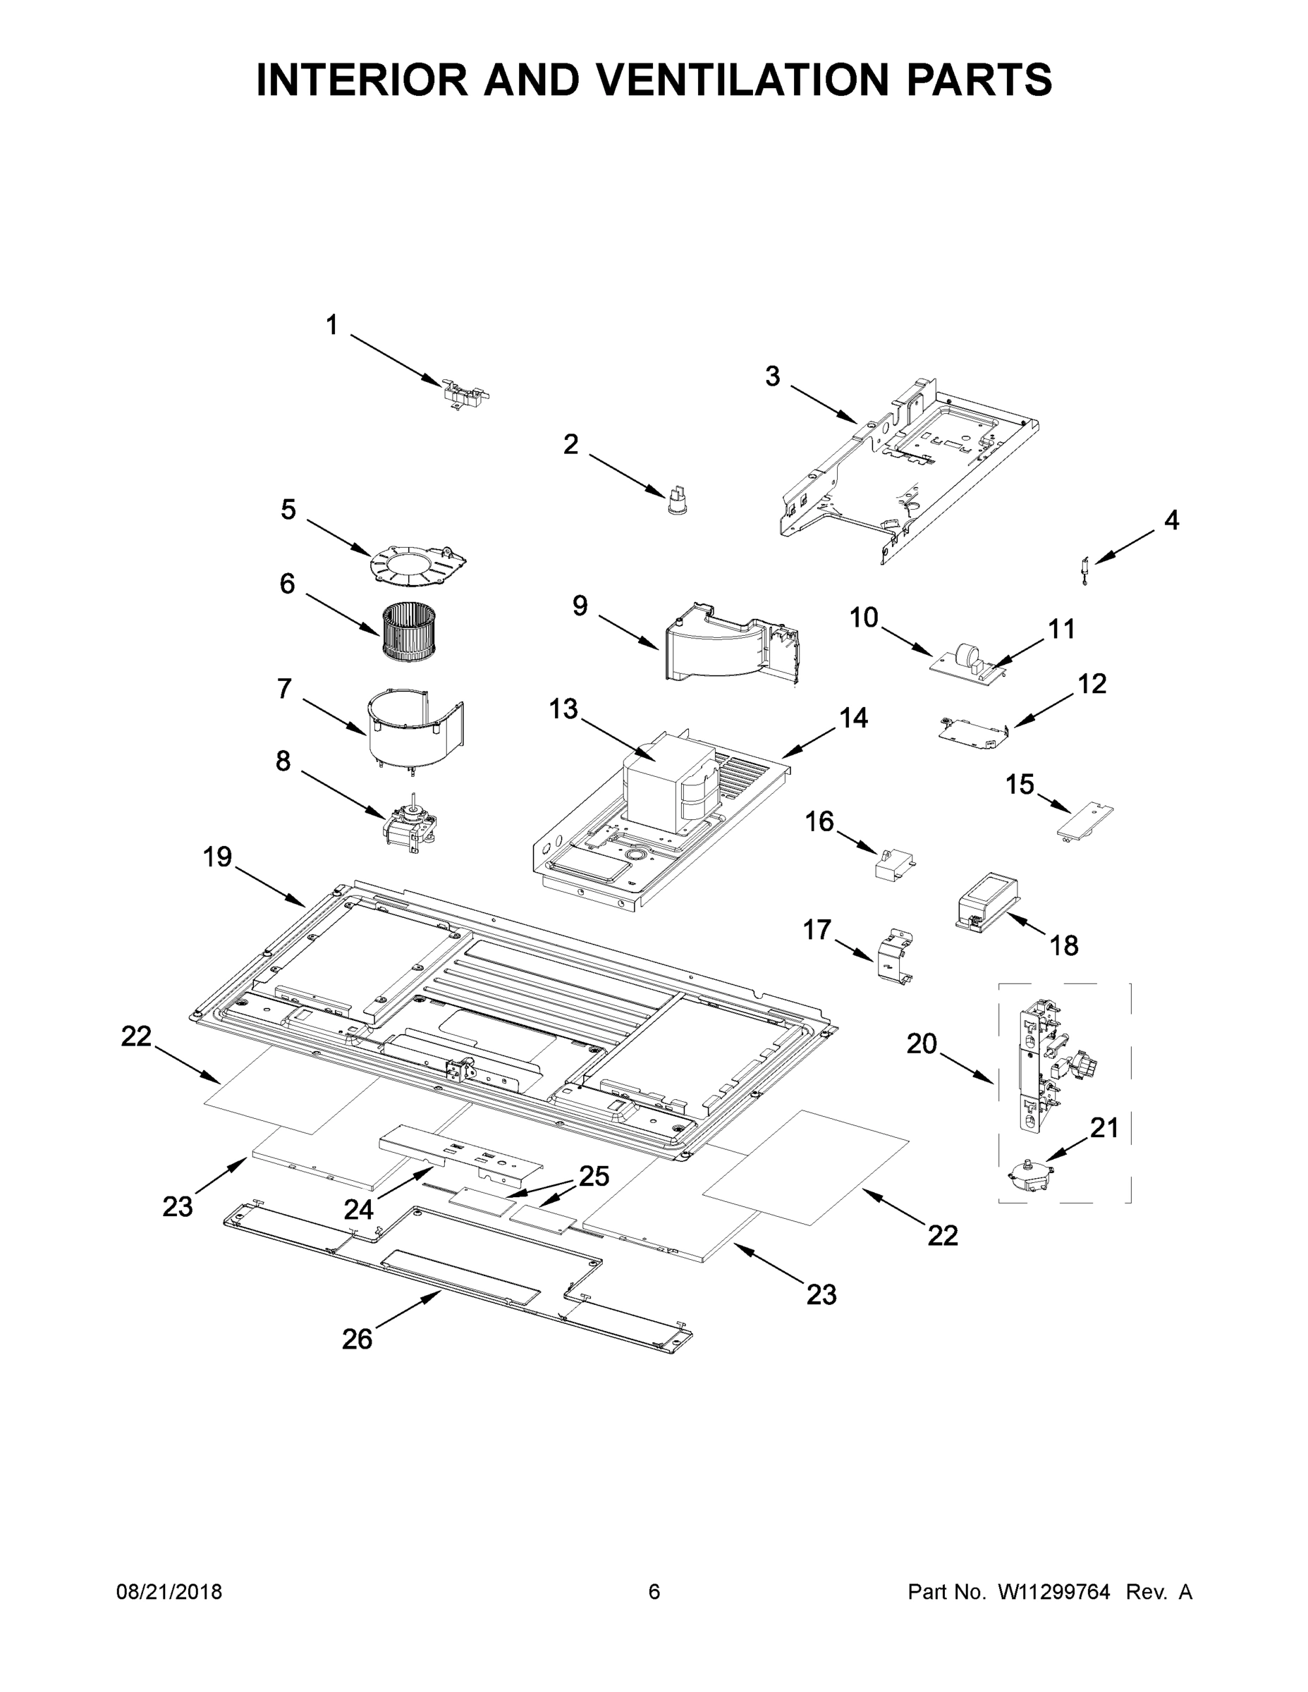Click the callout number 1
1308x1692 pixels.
331,326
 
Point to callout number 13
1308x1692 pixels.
563,708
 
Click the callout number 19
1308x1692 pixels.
218,857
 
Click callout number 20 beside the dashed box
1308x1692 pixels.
922,1044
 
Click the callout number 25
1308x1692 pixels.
594,1176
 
